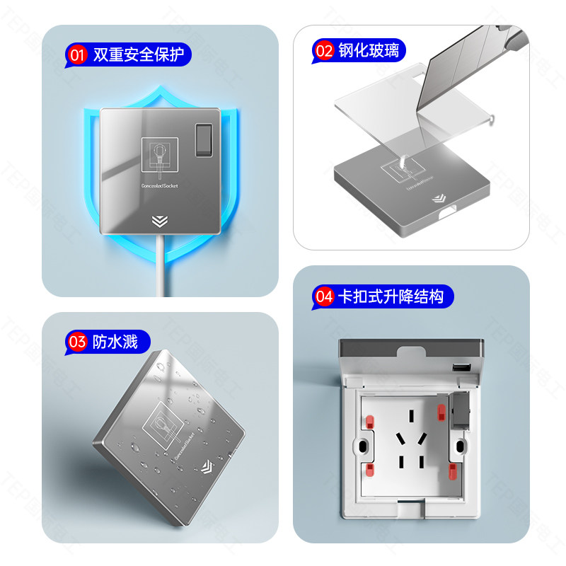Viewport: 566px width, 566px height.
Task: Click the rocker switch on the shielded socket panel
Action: click(204, 139)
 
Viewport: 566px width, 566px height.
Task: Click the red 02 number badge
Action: click(324, 52)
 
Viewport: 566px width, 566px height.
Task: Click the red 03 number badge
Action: click(76, 343)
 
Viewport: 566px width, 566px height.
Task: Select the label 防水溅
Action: click(115, 343)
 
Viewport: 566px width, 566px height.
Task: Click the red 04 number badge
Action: click(324, 296)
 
